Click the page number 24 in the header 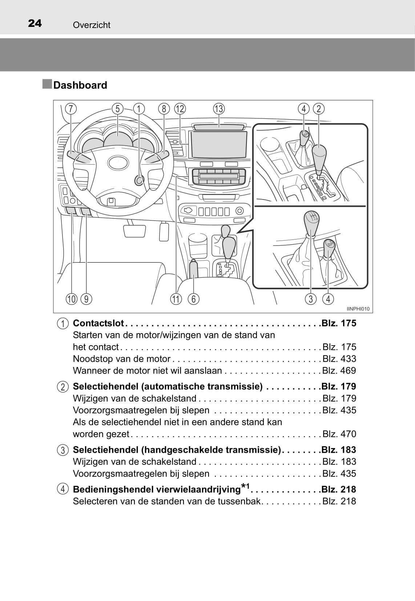(35, 24)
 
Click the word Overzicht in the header (92, 25)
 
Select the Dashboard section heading (80, 85)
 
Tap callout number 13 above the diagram (219, 109)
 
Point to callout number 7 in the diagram (71, 109)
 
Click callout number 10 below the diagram (72, 299)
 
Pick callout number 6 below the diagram (193, 299)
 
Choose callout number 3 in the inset (311, 299)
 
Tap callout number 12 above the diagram (180, 109)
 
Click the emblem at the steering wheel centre (117, 162)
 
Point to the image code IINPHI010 (358, 309)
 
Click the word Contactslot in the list (98, 323)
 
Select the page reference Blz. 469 (339, 371)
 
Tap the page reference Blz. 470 (339, 434)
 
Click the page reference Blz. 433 (339, 359)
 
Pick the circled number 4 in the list (63, 489)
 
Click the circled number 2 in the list (63, 387)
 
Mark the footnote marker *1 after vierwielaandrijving (245, 487)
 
